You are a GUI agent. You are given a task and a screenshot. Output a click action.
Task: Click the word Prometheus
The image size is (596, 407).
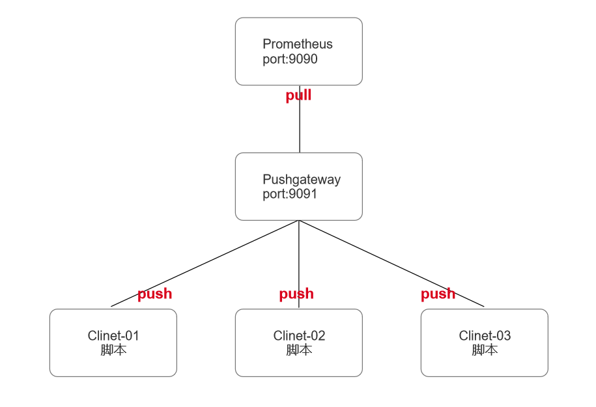coord(297,44)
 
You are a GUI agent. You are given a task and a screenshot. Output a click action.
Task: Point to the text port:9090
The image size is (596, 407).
coord(289,59)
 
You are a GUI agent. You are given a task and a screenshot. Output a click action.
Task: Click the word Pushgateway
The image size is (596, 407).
coord(301,180)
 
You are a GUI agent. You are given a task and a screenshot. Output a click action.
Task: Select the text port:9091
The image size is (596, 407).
coord(289,194)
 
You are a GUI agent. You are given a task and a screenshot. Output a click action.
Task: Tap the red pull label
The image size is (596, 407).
coord(298,96)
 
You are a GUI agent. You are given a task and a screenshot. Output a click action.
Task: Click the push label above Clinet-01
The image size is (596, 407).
coord(154,294)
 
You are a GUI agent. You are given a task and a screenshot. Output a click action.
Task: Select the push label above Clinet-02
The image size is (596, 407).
coord(296,294)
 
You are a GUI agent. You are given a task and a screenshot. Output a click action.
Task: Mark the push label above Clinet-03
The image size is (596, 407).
coord(438,294)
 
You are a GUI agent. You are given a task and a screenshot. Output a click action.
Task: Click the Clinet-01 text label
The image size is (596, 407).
coord(113,336)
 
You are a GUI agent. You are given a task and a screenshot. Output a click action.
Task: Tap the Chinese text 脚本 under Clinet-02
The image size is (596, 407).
coord(299,350)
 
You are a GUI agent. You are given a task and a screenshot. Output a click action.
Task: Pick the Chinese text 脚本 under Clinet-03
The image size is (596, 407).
coord(485,350)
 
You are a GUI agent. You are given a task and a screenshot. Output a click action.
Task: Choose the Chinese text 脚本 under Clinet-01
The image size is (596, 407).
coord(113,350)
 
